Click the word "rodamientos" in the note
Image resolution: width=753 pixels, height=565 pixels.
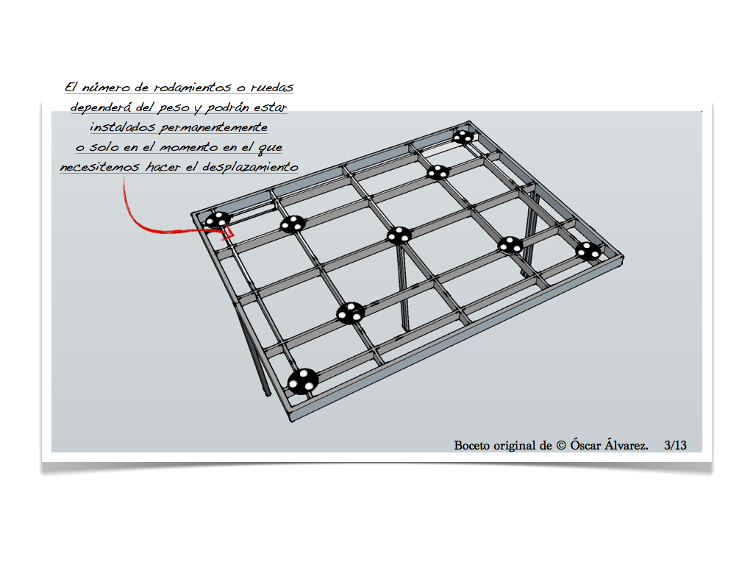192,88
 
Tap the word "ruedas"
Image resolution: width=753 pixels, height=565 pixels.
272,88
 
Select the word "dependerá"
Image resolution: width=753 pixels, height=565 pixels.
100,107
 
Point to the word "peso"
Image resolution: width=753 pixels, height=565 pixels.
174,108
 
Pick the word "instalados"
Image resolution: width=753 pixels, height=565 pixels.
123,127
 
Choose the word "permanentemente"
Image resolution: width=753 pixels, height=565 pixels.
214,127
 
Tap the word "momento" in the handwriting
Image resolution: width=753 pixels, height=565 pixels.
188,147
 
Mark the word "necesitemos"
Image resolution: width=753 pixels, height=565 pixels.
100,167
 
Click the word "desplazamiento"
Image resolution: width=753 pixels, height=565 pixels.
250,167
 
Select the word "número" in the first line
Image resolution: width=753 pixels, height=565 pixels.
106,87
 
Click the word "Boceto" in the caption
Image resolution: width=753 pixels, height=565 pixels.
471,445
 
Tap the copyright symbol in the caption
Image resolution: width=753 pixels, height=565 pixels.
561,445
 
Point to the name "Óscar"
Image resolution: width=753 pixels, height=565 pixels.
585,444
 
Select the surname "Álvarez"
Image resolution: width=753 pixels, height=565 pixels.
627,444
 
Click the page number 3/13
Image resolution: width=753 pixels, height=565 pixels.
675,445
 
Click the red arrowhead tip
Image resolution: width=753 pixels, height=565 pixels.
233,235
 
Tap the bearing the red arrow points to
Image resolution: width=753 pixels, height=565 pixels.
218,220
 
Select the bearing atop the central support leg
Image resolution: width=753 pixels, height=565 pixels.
399,235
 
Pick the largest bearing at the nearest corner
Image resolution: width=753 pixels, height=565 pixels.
302,382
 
